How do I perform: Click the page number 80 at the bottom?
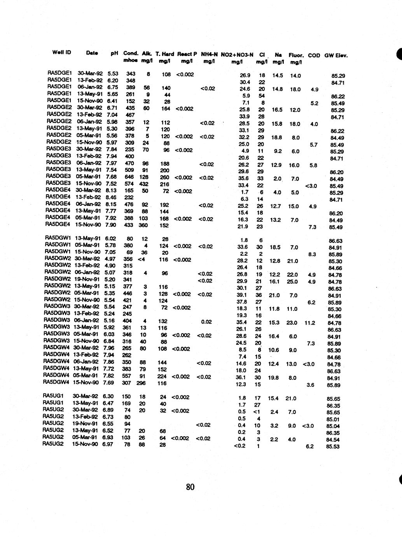click(190, 487)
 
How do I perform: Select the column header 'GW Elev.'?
click(336, 55)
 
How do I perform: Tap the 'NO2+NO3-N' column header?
click(237, 55)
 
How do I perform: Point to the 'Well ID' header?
click(61, 52)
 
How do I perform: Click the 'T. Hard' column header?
click(164, 54)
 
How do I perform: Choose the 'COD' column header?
click(314, 55)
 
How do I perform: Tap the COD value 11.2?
click(310, 323)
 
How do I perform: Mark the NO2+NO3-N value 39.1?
click(242, 295)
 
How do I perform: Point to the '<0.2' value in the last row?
click(240, 446)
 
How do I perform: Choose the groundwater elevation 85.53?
click(333, 447)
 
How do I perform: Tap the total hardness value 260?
click(164, 177)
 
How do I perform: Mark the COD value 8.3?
click(311, 254)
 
